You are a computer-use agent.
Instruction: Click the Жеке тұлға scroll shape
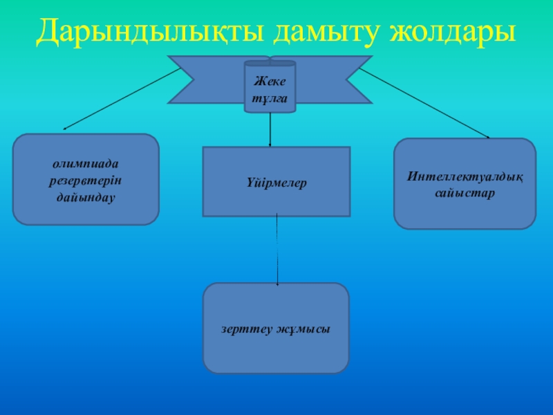(270, 86)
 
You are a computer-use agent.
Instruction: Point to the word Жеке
(270, 80)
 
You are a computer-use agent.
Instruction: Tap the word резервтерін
(86, 181)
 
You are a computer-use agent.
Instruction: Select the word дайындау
(86, 197)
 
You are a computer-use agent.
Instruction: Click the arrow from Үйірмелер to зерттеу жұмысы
(277, 249)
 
